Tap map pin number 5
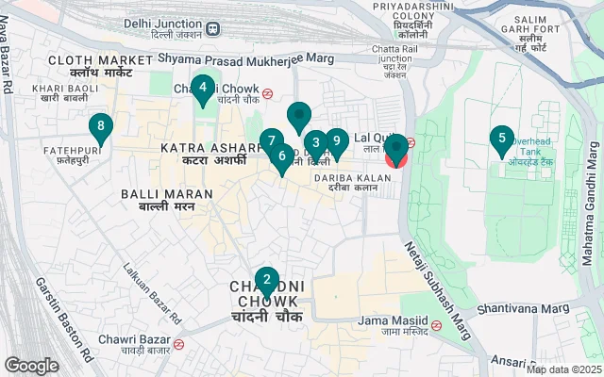coord(501,140)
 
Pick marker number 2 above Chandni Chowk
coord(267,280)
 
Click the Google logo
coord(31,366)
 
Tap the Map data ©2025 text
coord(563,369)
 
